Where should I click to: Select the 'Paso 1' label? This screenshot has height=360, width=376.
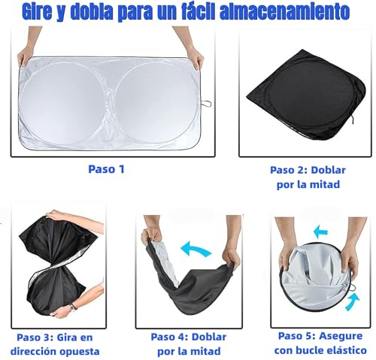(105, 169)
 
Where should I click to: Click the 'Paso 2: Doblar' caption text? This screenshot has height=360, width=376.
(309, 170)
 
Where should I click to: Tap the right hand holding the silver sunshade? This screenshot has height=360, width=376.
(196, 56)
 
